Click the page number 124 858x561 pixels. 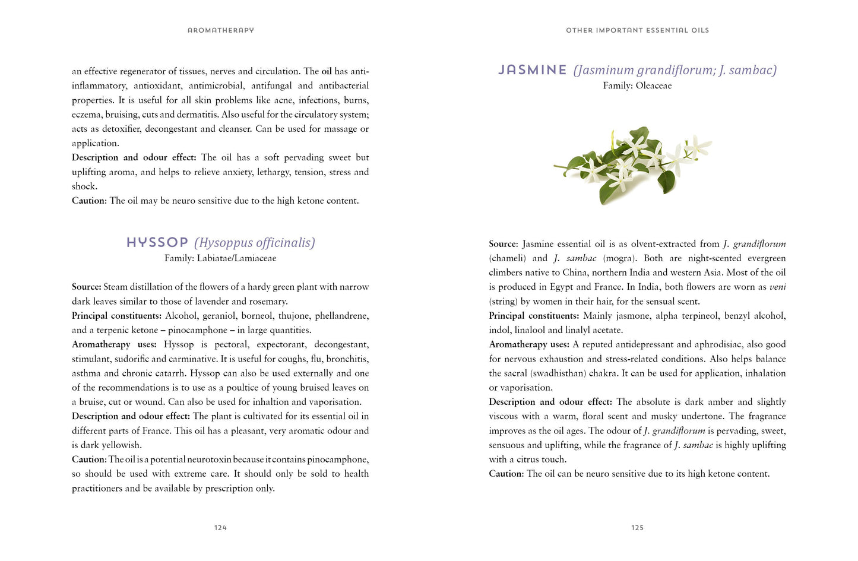[x=220, y=527]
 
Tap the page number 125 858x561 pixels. [x=637, y=527]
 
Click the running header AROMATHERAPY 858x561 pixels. [x=220, y=30]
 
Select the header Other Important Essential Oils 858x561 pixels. [x=637, y=30]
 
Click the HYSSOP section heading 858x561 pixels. [x=157, y=243]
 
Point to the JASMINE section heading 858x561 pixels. [x=533, y=70]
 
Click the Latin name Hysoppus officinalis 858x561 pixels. [x=255, y=243]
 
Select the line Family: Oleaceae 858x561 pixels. [x=637, y=85]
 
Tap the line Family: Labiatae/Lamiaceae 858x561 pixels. [x=220, y=258]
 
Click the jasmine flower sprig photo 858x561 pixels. [x=632, y=163]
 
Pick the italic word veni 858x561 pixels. [x=777, y=287]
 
